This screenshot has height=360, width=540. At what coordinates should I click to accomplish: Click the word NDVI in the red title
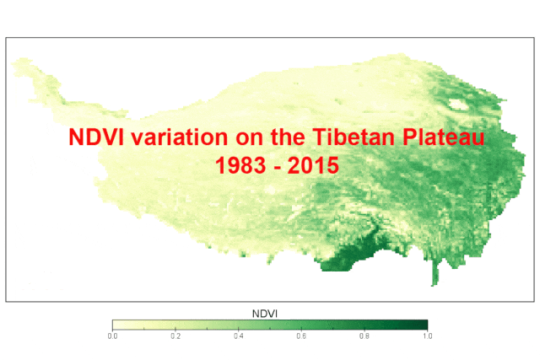pos(96,137)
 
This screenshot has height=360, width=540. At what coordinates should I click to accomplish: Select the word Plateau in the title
pos(444,137)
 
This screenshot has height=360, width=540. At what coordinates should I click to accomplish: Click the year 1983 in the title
pos(240,165)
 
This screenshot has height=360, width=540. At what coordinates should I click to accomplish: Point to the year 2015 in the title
pos(313,165)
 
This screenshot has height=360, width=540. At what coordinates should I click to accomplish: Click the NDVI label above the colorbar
pos(265,314)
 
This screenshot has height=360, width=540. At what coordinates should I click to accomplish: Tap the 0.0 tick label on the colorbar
pos(112,336)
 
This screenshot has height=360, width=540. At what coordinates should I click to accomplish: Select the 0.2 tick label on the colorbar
pos(175,336)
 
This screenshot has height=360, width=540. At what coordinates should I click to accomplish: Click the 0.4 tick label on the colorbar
pos(239,336)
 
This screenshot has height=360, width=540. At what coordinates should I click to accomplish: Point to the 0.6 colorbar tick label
pos(301,336)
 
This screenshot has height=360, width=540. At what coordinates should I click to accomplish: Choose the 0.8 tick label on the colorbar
pos(364,336)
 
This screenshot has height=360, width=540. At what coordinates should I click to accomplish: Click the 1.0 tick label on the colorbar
pos(428,336)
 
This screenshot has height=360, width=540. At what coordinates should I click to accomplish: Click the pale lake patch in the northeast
pos(458,104)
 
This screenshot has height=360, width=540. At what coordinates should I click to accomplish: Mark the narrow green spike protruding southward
pos(435,271)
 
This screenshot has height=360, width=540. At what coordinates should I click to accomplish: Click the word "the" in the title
pos(288,137)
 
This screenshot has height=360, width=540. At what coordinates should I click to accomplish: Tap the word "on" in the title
pos(250,139)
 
